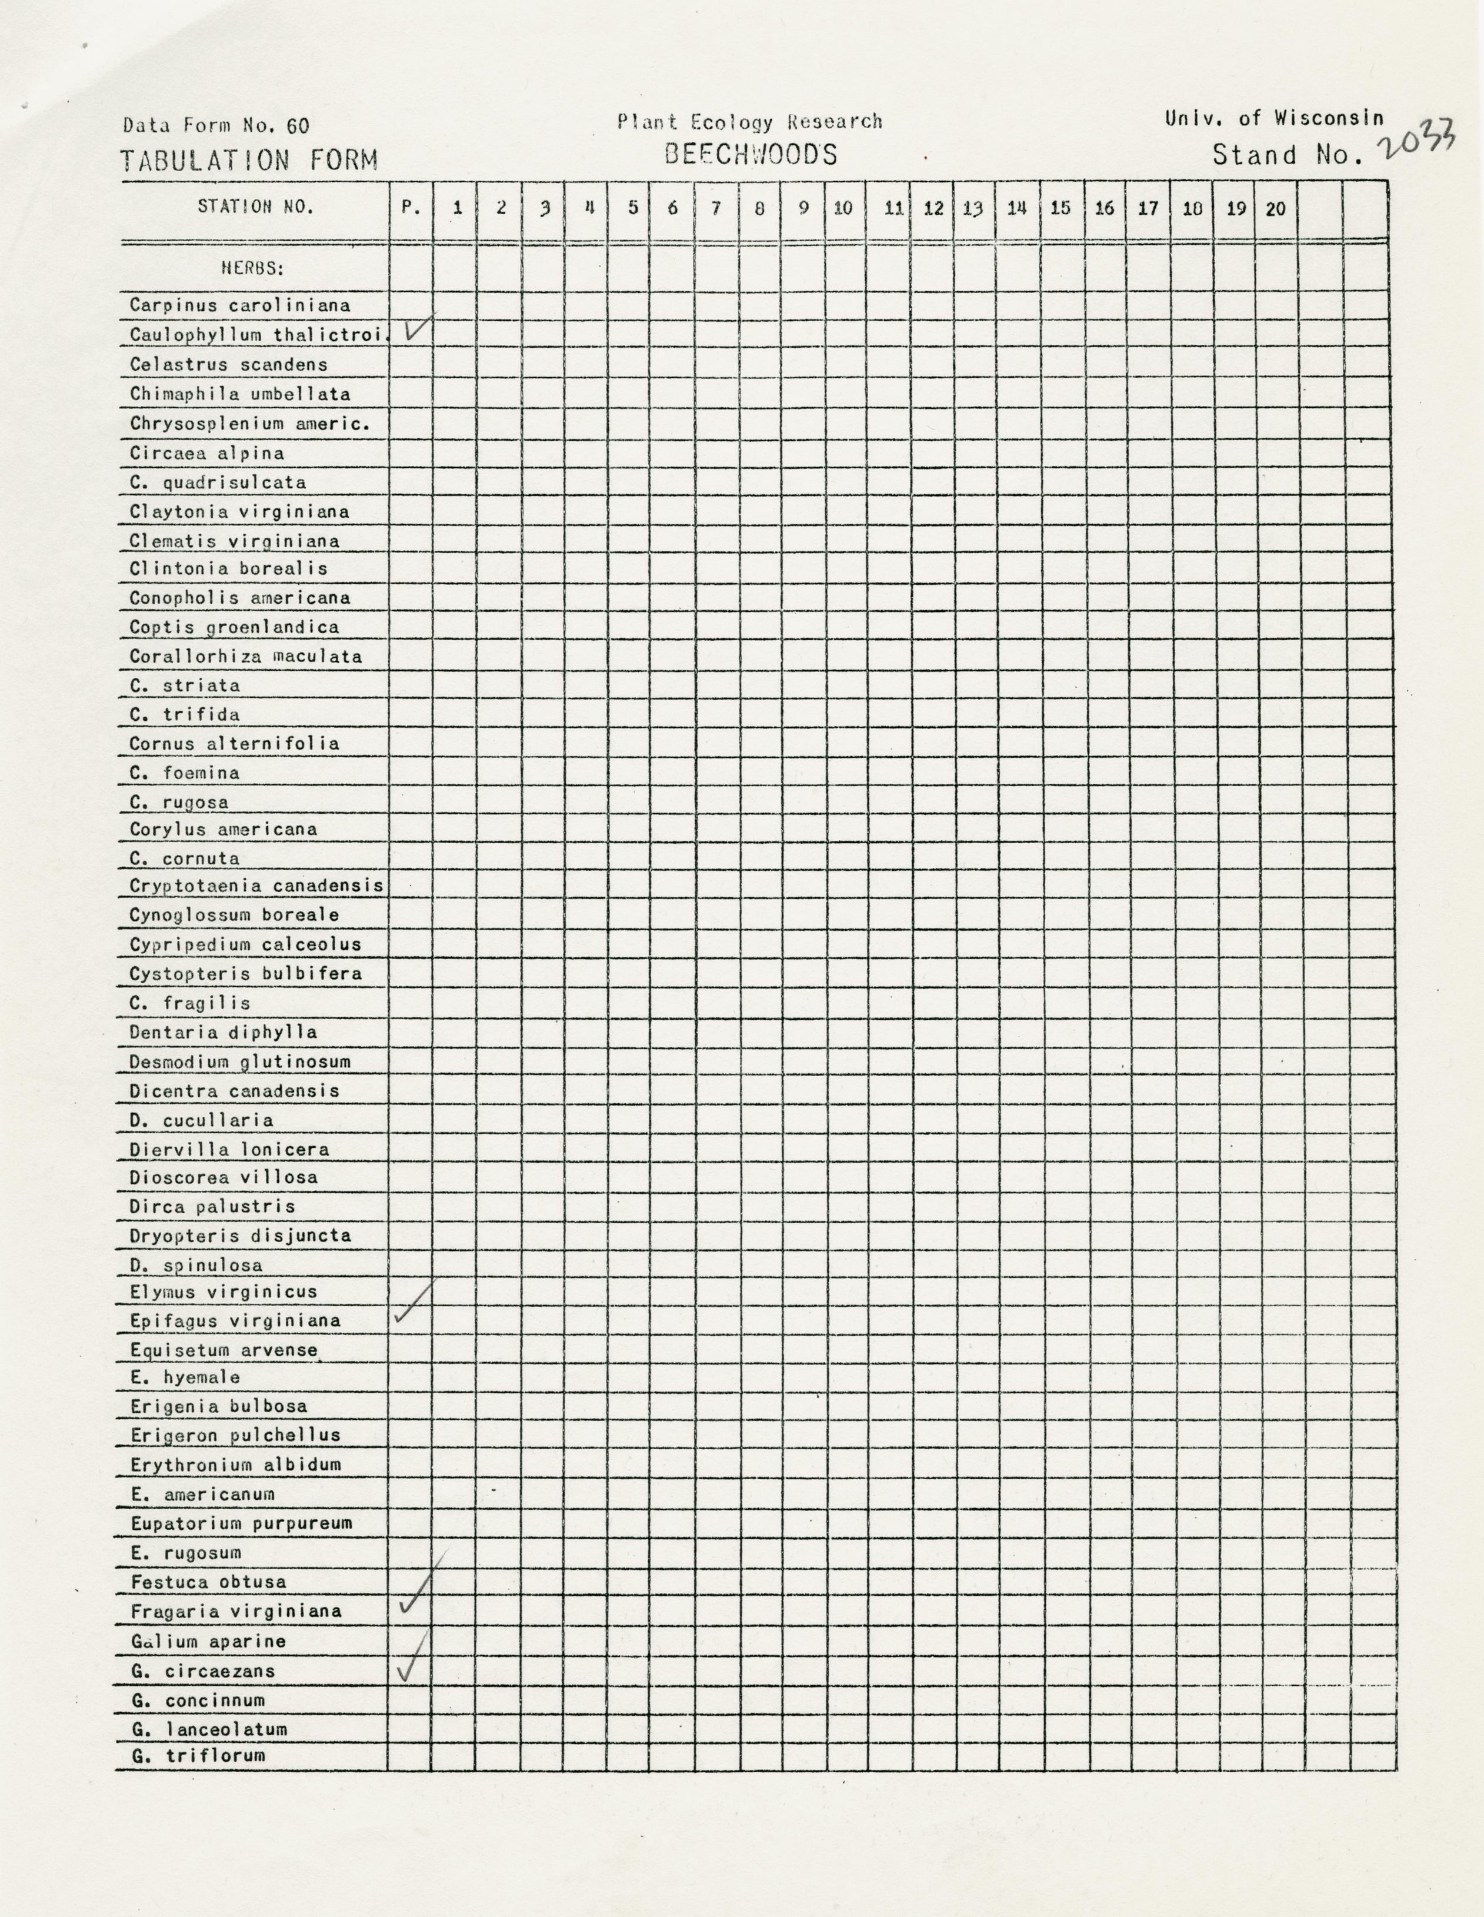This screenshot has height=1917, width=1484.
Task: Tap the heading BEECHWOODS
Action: coord(751,155)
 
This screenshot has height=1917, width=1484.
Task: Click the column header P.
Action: coord(411,209)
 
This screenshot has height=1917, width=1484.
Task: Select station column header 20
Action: coord(1276,209)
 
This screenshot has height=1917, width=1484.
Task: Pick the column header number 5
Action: coord(633,209)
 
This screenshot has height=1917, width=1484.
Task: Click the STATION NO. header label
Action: coord(255,207)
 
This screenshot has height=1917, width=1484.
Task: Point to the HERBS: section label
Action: coord(253,268)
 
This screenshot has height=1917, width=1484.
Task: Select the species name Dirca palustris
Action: coord(212,1207)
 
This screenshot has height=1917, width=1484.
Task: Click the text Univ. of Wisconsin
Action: coord(1274,118)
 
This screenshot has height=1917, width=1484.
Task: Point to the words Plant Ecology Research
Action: coord(749,122)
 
